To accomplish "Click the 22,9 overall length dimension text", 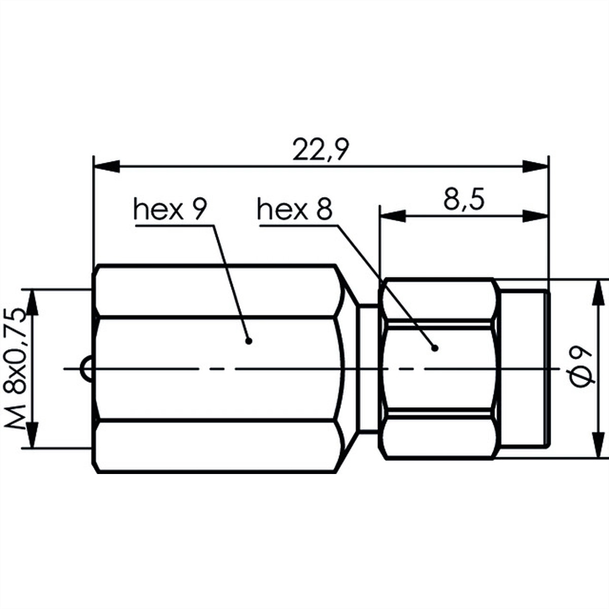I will (x=321, y=150).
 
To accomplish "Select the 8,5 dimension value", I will (x=464, y=200).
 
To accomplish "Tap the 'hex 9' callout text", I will (x=170, y=210).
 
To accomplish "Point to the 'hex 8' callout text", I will (x=294, y=210).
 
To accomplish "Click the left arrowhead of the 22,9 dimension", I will (x=107, y=166).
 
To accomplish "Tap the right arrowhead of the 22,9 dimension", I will (x=535, y=166).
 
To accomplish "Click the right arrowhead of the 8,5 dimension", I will (x=535, y=216).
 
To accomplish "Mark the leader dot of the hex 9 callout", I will (x=248, y=355).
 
